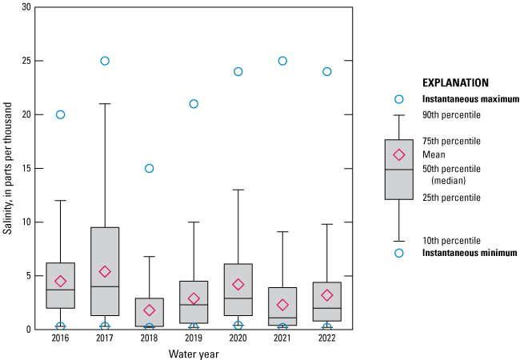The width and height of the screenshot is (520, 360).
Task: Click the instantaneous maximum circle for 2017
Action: pos(105,61)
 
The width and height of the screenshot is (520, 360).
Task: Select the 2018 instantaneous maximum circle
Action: pos(149,168)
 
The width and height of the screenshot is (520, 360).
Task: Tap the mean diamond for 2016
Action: pos(60,281)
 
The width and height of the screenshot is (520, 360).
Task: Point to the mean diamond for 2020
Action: pos(238,284)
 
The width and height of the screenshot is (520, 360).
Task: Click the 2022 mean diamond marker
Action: pos(326,295)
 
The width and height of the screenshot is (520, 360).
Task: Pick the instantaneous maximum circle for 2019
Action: pos(194,104)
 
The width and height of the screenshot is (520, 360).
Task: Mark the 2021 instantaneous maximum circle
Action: pos(282,61)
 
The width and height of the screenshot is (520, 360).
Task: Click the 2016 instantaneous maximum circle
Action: pos(60,114)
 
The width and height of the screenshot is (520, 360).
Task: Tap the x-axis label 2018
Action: pos(149,339)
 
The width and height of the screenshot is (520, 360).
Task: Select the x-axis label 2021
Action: pos(282,339)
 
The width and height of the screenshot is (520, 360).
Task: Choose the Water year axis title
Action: pos(193,353)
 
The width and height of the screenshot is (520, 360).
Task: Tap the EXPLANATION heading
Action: pos(454,82)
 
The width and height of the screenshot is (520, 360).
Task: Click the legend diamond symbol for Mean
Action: pos(398,154)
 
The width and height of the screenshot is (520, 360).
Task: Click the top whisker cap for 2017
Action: pos(105,104)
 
